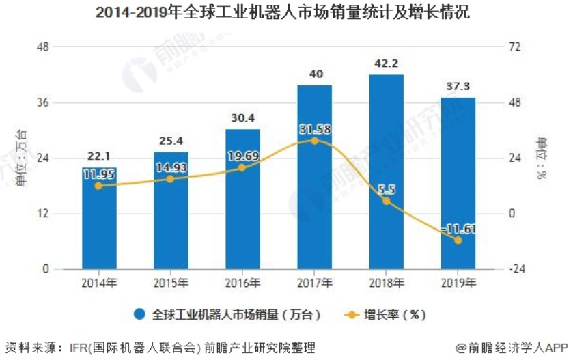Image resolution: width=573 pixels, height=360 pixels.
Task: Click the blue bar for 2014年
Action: coord(100,225)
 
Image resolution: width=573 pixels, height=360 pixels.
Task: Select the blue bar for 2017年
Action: coord(315,205)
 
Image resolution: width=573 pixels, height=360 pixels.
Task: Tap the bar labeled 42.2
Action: coord(387,232)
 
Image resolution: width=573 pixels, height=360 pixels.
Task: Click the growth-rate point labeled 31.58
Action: coord(314,141)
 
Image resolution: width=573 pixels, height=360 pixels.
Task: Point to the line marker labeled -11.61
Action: coord(458,240)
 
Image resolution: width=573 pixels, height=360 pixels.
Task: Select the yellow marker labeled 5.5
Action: coord(387,201)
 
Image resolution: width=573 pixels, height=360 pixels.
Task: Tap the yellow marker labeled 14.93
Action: coord(171,179)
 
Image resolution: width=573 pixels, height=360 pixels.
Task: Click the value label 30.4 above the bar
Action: coord(242,117)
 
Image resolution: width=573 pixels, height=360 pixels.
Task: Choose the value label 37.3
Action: coord(458,86)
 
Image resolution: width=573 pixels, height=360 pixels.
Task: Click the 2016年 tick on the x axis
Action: coord(242,283)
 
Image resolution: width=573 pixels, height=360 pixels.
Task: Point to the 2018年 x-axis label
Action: coord(387,283)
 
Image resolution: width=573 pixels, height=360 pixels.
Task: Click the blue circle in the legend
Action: coord(140,315)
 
